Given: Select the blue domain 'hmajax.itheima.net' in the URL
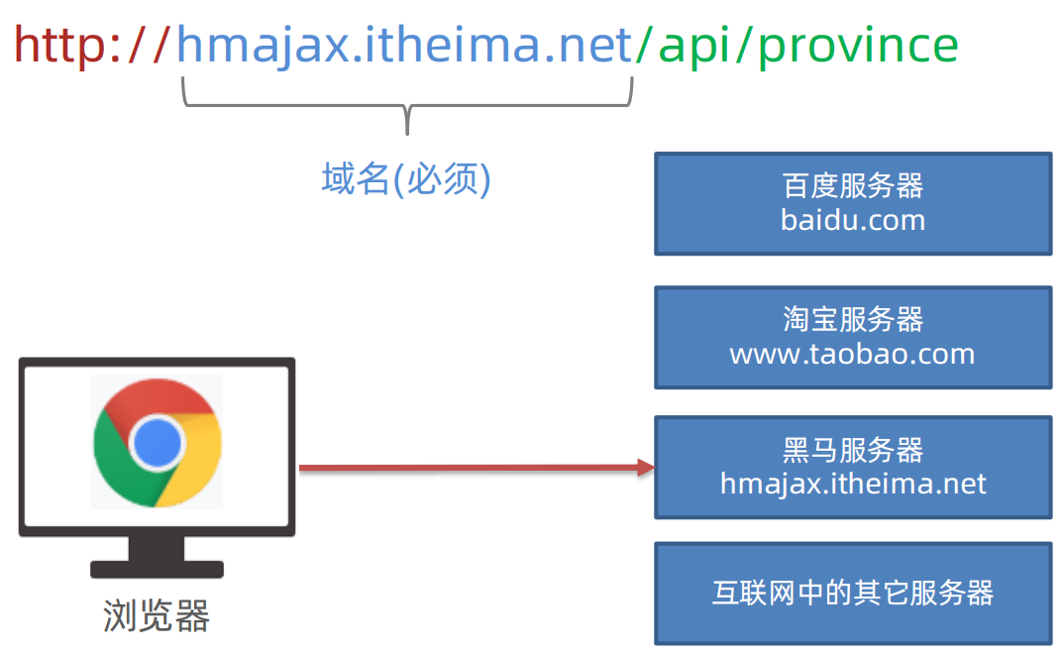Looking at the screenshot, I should tap(404, 45).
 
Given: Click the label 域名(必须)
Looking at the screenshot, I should tap(406, 179).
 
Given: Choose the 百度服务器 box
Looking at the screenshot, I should tap(853, 203).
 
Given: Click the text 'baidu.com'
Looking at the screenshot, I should tap(853, 220).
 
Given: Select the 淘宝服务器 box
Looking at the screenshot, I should tap(853, 337).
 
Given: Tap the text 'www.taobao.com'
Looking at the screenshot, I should tap(853, 355).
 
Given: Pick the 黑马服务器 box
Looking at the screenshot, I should tap(853, 467).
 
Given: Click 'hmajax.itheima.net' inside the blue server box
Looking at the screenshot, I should tap(853, 484).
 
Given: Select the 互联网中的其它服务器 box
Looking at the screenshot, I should tap(853, 593).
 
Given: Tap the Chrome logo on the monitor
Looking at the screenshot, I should tap(158, 442).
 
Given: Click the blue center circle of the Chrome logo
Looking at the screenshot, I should tap(158, 442).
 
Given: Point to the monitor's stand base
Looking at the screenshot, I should tap(157, 569).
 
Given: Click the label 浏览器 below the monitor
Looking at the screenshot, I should tap(157, 616).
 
